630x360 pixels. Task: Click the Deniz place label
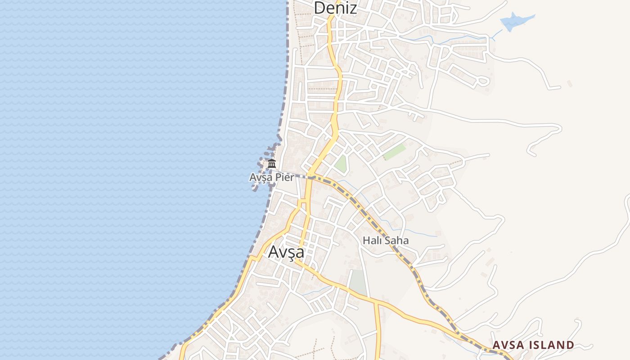[x=335, y=8]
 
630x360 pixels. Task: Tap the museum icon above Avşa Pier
[x=272, y=163]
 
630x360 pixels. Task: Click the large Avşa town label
[x=286, y=252]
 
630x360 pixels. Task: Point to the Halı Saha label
[x=386, y=241]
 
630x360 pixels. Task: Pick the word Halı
[x=372, y=241]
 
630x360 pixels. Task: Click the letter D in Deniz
[x=319, y=8]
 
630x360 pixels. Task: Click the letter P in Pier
[x=276, y=178]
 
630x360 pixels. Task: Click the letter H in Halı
[x=366, y=241]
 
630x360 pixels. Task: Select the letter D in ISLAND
[x=570, y=345]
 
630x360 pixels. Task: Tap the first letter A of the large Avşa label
[x=273, y=252]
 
